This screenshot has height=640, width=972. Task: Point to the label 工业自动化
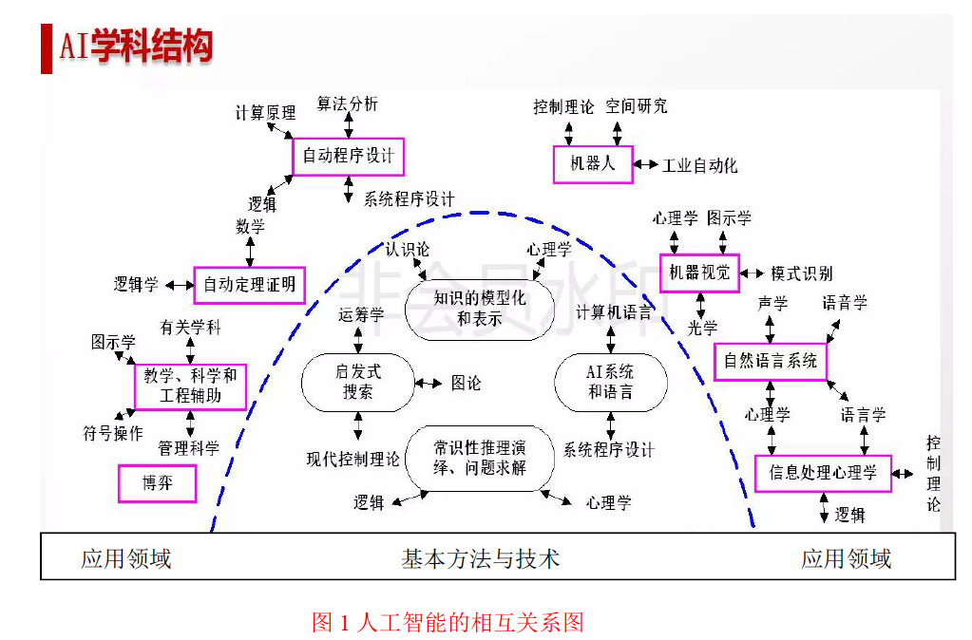coord(700,165)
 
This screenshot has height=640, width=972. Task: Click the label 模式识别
coord(802,273)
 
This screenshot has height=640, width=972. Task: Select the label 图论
coord(467,383)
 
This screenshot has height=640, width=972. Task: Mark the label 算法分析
coord(347,104)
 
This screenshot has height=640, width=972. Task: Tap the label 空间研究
coord(636,106)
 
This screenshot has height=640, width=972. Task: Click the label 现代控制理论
coord(353,459)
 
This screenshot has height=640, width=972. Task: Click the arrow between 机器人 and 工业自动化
coord(645,164)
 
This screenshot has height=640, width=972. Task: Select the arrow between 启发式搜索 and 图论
coord(429,383)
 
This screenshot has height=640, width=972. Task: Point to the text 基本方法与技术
coord(481,559)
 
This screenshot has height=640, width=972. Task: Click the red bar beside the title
coord(47,49)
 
